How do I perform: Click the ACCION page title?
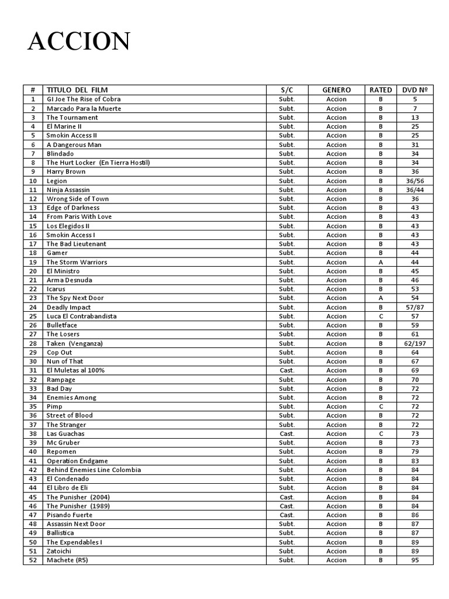(x=79, y=42)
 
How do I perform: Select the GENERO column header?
(x=336, y=90)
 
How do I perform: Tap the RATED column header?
(x=381, y=90)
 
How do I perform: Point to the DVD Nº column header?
(x=415, y=90)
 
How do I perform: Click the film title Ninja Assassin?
(x=68, y=190)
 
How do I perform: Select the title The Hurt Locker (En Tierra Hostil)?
(x=98, y=163)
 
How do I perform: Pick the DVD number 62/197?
(x=415, y=343)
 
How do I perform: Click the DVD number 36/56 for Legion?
(x=415, y=181)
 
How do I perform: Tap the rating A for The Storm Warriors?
(x=381, y=262)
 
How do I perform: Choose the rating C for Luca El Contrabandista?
(x=381, y=316)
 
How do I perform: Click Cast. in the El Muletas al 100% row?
(x=287, y=370)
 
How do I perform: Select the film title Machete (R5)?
(x=67, y=560)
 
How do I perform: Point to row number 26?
(x=33, y=325)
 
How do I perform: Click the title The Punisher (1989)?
(x=78, y=506)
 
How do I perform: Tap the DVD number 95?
(x=415, y=560)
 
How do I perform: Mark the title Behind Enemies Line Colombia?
(x=94, y=470)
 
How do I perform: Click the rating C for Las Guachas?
(x=381, y=433)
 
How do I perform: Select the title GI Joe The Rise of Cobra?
(x=84, y=99)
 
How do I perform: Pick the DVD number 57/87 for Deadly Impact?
(x=415, y=307)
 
